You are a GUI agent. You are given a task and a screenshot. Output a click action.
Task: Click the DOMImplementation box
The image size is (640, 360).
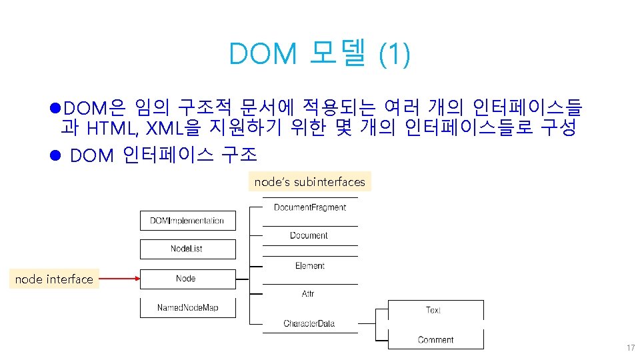coord(187,221)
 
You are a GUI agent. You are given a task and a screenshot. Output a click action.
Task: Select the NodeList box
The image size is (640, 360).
coord(187,249)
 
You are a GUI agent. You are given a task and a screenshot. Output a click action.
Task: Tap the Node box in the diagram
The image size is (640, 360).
coord(187,279)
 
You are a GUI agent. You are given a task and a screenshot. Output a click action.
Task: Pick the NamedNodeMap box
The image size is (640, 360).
coord(187,307)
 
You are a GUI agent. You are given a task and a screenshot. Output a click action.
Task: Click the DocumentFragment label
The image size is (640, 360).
coord(310,207)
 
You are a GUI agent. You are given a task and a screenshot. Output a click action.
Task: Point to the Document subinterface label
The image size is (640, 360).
coord(309,235)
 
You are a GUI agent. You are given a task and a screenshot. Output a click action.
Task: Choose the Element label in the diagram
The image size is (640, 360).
coord(310,266)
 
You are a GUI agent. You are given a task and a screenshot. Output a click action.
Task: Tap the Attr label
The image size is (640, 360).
coord(309,294)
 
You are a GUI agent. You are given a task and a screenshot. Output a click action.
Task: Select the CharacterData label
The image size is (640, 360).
coord(309,324)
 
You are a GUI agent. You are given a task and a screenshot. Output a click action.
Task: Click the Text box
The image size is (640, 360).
coord(435,310)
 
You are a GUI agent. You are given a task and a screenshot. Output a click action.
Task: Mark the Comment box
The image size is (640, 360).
coord(435,339)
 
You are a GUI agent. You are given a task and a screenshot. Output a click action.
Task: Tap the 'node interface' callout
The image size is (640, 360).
coord(55,279)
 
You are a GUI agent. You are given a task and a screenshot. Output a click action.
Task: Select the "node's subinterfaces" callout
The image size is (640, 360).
coord(310,181)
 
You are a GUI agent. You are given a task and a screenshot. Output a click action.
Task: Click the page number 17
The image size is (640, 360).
coord(630,348)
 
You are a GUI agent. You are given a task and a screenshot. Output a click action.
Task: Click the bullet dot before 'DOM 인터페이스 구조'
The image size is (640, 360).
coord(56,155)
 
